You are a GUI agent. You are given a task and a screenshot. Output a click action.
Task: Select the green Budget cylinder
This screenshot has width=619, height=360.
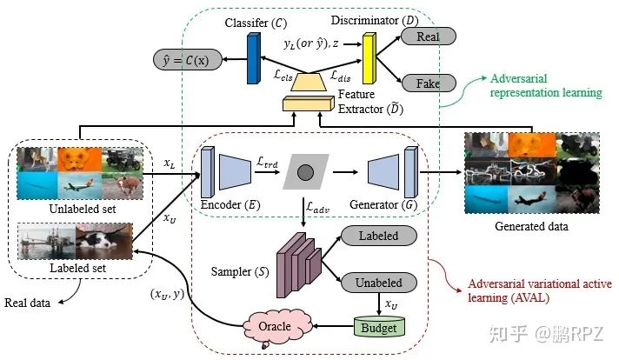click(379, 326)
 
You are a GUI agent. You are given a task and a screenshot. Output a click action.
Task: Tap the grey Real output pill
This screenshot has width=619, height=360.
click(429, 37)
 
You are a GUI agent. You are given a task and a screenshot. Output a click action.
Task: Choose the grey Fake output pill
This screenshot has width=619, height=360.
click(429, 83)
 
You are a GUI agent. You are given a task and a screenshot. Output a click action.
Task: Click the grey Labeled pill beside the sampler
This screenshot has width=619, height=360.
click(378, 236)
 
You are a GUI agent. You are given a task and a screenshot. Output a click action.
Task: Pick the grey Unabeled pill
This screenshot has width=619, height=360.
click(378, 283)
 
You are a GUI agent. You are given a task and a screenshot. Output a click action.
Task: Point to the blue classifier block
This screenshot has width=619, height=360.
click(254, 58)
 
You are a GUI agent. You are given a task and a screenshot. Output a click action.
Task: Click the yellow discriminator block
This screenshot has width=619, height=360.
click(369, 58)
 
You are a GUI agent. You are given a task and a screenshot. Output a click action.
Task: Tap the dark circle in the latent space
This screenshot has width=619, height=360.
click(305, 172)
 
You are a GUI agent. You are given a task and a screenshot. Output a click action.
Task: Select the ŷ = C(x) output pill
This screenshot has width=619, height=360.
click(188, 60)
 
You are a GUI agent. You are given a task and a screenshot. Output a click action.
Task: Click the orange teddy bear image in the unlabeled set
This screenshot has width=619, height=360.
click(79, 160)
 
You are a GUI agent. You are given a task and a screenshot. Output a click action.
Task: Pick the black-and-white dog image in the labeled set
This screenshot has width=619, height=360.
click(103, 241)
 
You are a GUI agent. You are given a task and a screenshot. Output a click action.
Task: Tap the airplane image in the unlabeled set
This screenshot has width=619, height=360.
click(80, 186)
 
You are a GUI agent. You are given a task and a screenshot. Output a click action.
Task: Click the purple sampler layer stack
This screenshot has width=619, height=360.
click(299, 265)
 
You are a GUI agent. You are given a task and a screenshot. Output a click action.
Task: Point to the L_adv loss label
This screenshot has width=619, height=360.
click(318, 207)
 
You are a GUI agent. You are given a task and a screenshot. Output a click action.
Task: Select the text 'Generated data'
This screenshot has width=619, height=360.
click(531, 226)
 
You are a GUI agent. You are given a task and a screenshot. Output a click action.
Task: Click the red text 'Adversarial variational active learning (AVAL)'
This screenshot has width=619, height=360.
click(540, 290)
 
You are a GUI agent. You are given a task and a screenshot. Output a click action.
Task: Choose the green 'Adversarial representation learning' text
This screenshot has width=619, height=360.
click(546, 85)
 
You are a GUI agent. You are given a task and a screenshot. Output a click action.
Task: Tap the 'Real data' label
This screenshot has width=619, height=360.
click(27, 303)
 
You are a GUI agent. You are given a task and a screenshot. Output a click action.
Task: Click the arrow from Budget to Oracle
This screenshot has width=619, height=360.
click(333, 326)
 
